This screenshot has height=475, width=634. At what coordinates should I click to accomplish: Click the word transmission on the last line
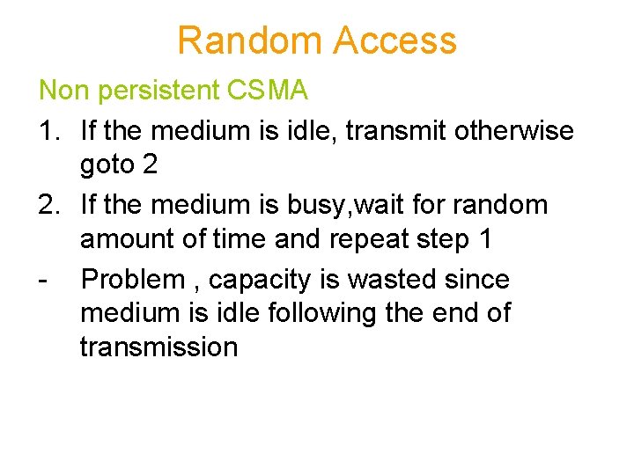[158, 347]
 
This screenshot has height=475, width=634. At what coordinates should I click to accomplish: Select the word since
[478, 280]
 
